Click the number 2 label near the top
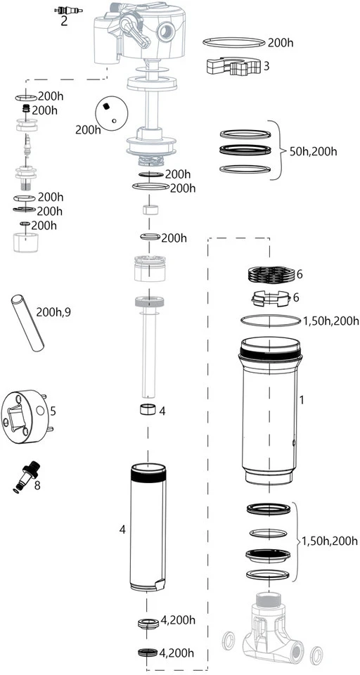pos(64,21)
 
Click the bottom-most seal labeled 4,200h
pos(146,652)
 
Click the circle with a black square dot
pos(111,110)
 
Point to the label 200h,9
pos(53,311)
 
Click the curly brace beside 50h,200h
pos(281,150)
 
